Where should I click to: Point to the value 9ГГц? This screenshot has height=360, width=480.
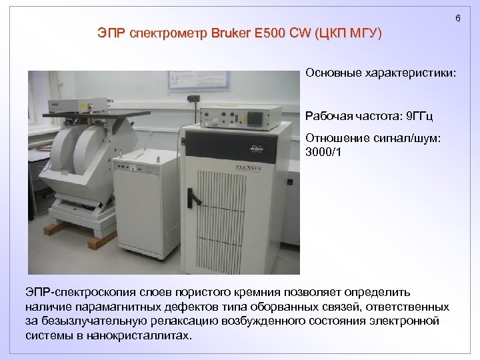point(419,117)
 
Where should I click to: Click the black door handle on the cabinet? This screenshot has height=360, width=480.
point(193,197)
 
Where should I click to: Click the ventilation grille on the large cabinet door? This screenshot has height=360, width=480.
point(243,213)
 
